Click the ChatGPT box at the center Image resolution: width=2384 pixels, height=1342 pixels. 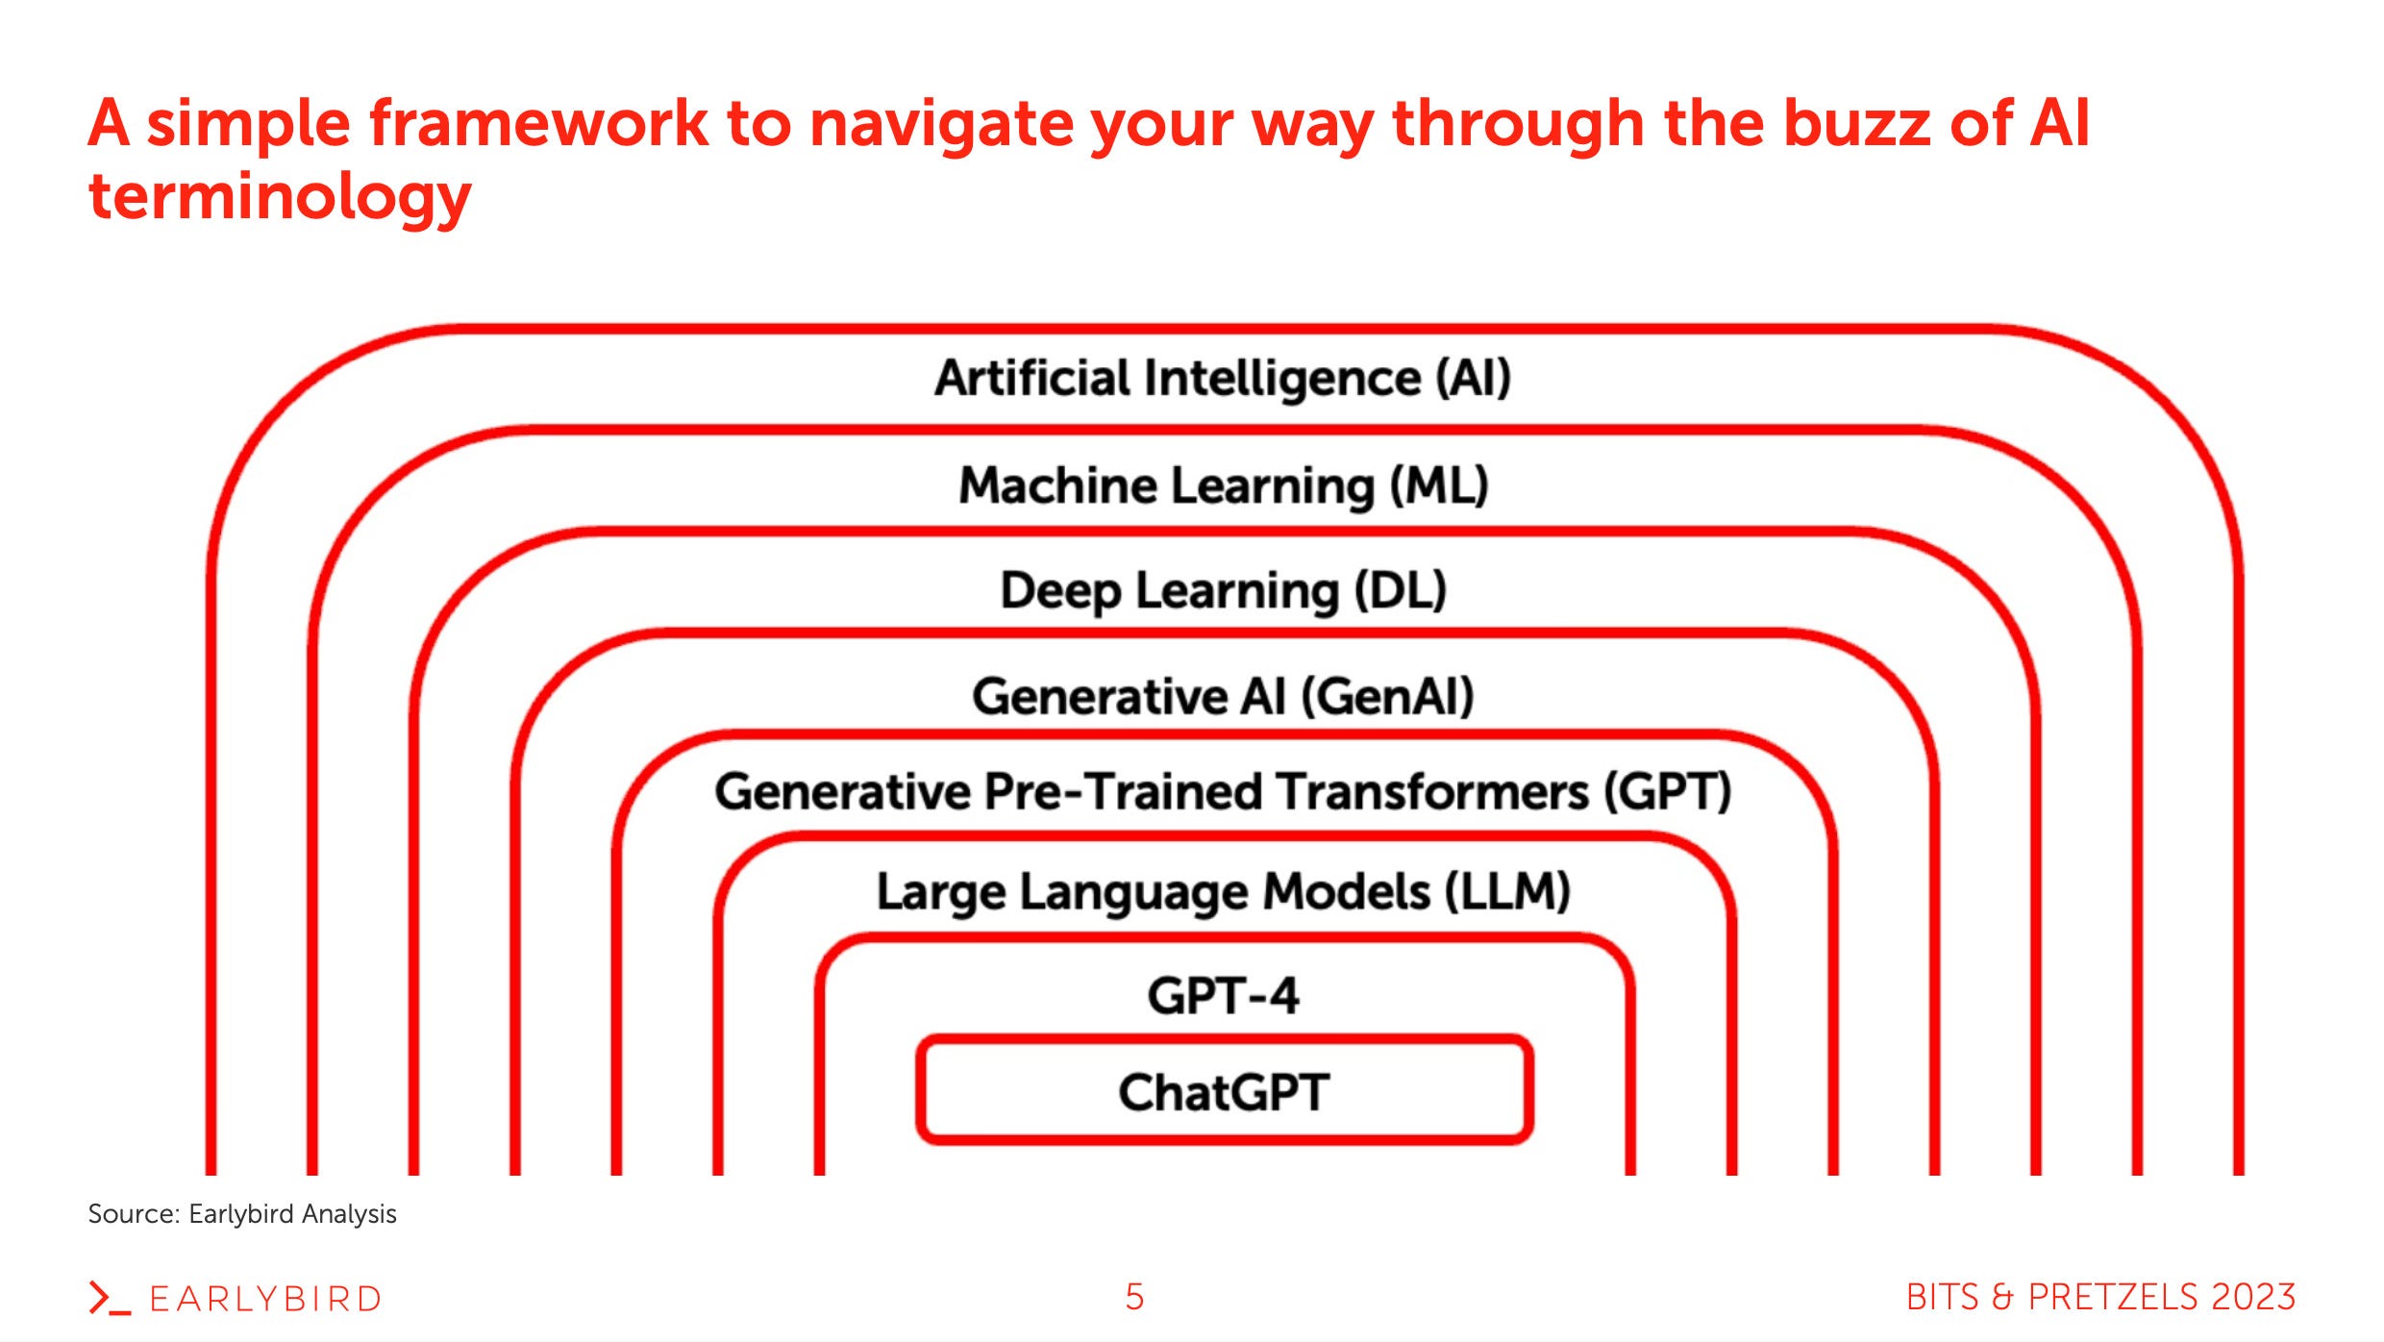pyautogui.click(x=1223, y=1091)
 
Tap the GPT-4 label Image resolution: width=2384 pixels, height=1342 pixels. pyautogui.click(x=1223, y=995)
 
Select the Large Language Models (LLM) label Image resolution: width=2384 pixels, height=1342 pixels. pyautogui.click(x=1223, y=892)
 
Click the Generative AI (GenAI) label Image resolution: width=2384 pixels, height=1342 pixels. pyautogui.click(x=1223, y=696)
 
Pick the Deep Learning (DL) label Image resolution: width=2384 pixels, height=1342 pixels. pyautogui.click(x=1223, y=590)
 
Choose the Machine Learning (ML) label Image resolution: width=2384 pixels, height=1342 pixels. pyautogui.click(x=1223, y=485)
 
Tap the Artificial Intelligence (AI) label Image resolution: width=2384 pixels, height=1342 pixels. pyautogui.click(x=1223, y=378)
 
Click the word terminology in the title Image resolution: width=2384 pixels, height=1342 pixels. pyautogui.click(x=280, y=197)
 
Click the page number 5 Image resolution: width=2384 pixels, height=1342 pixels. pyautogui.click(x=1134, y=1297)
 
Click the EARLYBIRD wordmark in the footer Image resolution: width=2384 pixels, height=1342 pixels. pyautogui.click(x=265, y=1299)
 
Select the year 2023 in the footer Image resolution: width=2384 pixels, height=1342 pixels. pyautogui.click(x=2252, y=1297)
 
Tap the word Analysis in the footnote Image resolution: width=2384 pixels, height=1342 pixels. pyautogui.click(x=349, y=1214)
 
